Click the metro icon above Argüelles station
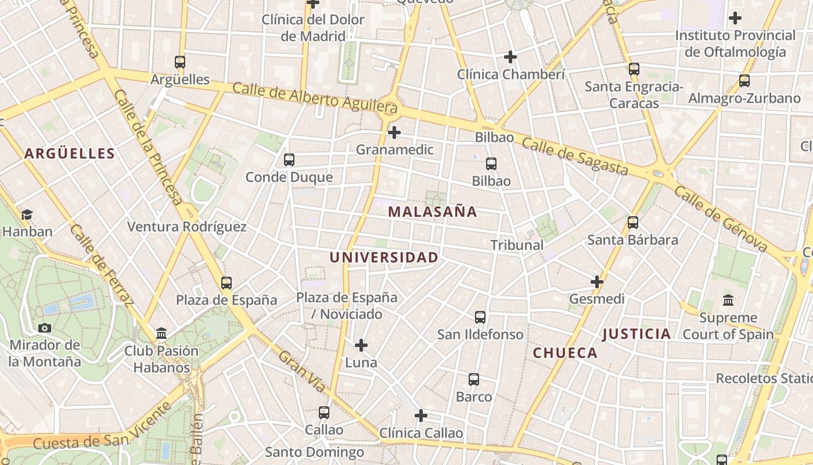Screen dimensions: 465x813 tap(180, 62)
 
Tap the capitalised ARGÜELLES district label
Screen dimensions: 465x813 tap(70, 153)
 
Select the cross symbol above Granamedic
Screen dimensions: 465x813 tap(394, 133)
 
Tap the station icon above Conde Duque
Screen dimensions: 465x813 tap(289, 160)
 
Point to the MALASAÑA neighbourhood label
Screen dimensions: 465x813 tap(433, 212)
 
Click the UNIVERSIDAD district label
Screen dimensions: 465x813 tap(384, 257)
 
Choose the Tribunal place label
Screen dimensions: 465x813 tap(517, 245)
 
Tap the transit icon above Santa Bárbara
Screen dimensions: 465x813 tap(633, 222)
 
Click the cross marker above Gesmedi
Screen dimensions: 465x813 tap(597, 282)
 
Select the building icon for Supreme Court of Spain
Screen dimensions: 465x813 tap(728, 301)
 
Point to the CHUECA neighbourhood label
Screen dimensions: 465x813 tap(565, 353)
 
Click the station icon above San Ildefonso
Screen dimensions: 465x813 tap(480, 317)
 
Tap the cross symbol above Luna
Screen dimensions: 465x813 tap(361, 345)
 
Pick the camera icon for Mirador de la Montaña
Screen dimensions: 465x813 tap(45, 328)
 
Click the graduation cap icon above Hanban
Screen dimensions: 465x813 tap(27, 214)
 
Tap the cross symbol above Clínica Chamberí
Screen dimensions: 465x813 tap(510, 57)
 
